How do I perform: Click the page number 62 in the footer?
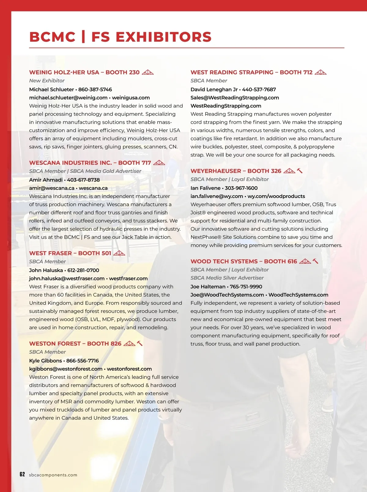22,474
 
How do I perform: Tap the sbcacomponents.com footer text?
53,475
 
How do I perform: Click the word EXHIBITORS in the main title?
163,37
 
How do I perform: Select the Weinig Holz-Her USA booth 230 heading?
84,72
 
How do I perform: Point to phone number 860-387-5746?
95,89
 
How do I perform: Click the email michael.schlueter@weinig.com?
68,98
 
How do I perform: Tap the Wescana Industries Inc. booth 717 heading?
90,163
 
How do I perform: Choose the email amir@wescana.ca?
52,188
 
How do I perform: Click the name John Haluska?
46,270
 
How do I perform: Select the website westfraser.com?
128,278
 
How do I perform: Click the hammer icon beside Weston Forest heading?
140,343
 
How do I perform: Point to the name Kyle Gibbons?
46,361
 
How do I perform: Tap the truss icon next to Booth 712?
321,72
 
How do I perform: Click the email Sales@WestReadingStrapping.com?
235,98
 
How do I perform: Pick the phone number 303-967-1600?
241,188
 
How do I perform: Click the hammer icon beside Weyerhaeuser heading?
300,171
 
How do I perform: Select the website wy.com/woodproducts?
276,196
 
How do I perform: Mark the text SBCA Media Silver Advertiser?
227,278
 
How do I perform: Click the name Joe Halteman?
208,286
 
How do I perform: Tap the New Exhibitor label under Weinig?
47,81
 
